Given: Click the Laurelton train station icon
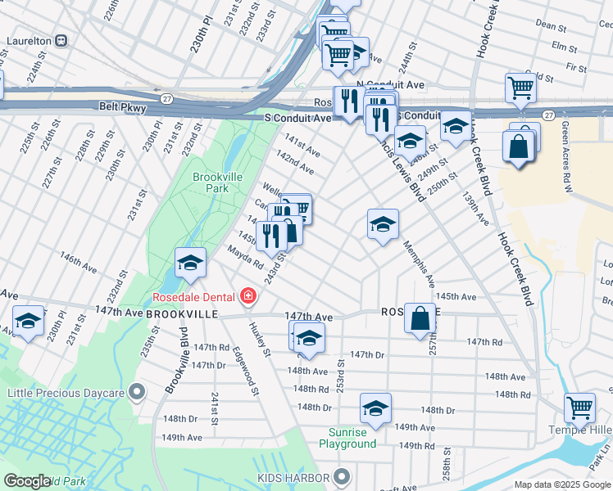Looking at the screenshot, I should click(x=61, y=40).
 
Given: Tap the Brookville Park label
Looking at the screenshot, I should click(x=210, y=182).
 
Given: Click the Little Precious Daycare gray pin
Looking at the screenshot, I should click(x=138, y=392).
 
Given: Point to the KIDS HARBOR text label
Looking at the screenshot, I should click(x=293, y=477).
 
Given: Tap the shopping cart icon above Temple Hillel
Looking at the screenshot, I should click(x=579, y=405).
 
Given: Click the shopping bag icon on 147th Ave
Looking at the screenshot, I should click(x=420, y=318).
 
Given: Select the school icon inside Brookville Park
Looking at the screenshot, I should click(x=190, y=262).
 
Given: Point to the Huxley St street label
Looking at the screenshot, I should click(x=259, y=339).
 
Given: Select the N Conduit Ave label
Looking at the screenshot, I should click(x=390, y=84).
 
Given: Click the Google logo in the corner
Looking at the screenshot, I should click(x=28, y=481).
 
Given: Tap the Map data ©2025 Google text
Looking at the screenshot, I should click(x=561, y=484).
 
